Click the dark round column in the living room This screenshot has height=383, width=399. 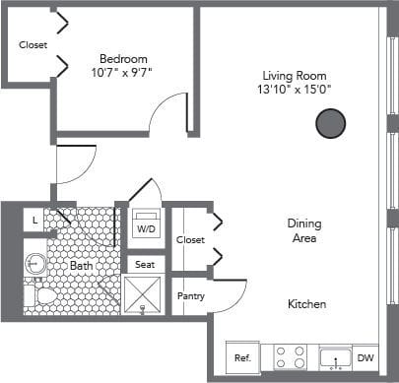[x=330, y=123]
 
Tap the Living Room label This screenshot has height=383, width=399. [x=295, y=76]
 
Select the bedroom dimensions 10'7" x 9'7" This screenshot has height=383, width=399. [x=122, y=73]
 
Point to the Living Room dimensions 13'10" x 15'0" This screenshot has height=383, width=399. [x=296, y=91]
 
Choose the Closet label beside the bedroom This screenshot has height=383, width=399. [x=33, y=45]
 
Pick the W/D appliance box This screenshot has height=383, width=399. [x=146, y=226]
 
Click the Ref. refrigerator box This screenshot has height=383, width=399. [x=241, y=358]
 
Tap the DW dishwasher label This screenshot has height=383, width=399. [x=365, y=358]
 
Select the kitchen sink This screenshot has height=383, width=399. [x=334, y=358]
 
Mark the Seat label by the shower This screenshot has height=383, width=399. [x=145, y=264]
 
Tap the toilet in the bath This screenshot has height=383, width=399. [x=42, y=294]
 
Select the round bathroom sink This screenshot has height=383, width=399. [x=34, y=264]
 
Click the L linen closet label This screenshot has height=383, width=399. [x=35, y=221]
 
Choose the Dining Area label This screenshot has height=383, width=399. [x=305, y=230]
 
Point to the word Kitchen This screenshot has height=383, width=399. [x=306, y=304]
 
